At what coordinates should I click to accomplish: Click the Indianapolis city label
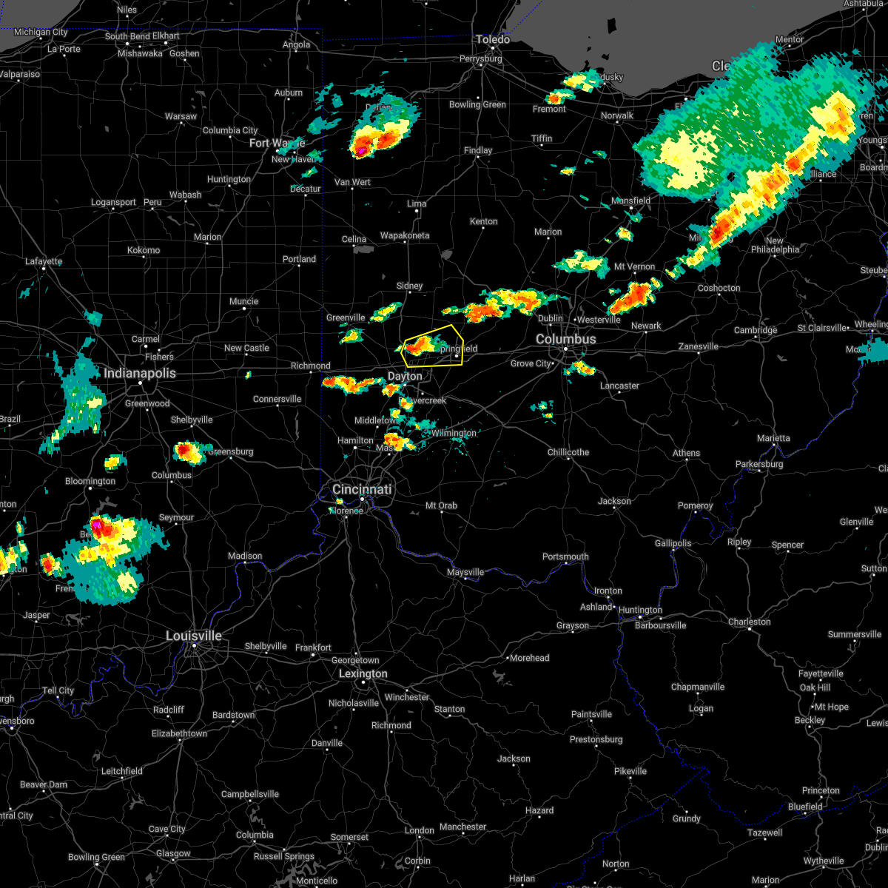tap(140, 373)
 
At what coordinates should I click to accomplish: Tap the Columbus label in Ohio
tap(565, 339)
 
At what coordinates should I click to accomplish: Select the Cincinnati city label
tap(362, 490)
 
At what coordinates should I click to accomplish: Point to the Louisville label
tap(194, 636)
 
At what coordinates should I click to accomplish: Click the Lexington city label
tap(363, 673)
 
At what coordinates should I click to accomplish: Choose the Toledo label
tap(493, 39)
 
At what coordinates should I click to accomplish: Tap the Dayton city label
tap(405, 376)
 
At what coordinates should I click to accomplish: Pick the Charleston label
tap(750, 622)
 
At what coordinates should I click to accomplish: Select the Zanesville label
tap(699, 346)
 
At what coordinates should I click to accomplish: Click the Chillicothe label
tap(568, 452)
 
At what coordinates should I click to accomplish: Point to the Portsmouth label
tap(565, 556)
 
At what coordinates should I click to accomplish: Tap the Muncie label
tap(243, 301)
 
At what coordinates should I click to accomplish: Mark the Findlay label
tap(478, 150)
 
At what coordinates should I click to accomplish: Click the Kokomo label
tap(144, 250)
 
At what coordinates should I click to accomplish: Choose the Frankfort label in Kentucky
tap(313, 647)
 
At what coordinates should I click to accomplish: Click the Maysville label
tap(465, 572)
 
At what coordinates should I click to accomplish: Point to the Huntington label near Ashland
tap(640, 610)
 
